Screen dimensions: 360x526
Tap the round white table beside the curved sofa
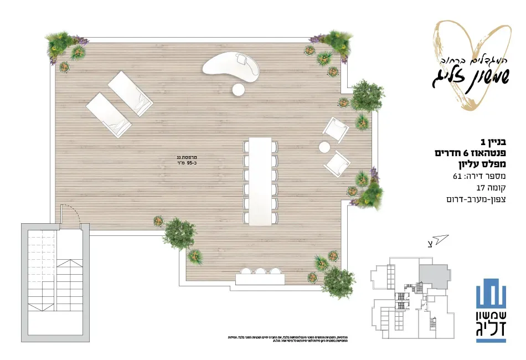click(239, 89)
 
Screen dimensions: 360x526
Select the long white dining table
click(260, 181)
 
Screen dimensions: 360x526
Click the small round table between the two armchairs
click(324, 147)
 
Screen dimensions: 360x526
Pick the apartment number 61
click(457, 177)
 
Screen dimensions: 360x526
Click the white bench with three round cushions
click(260, 275)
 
